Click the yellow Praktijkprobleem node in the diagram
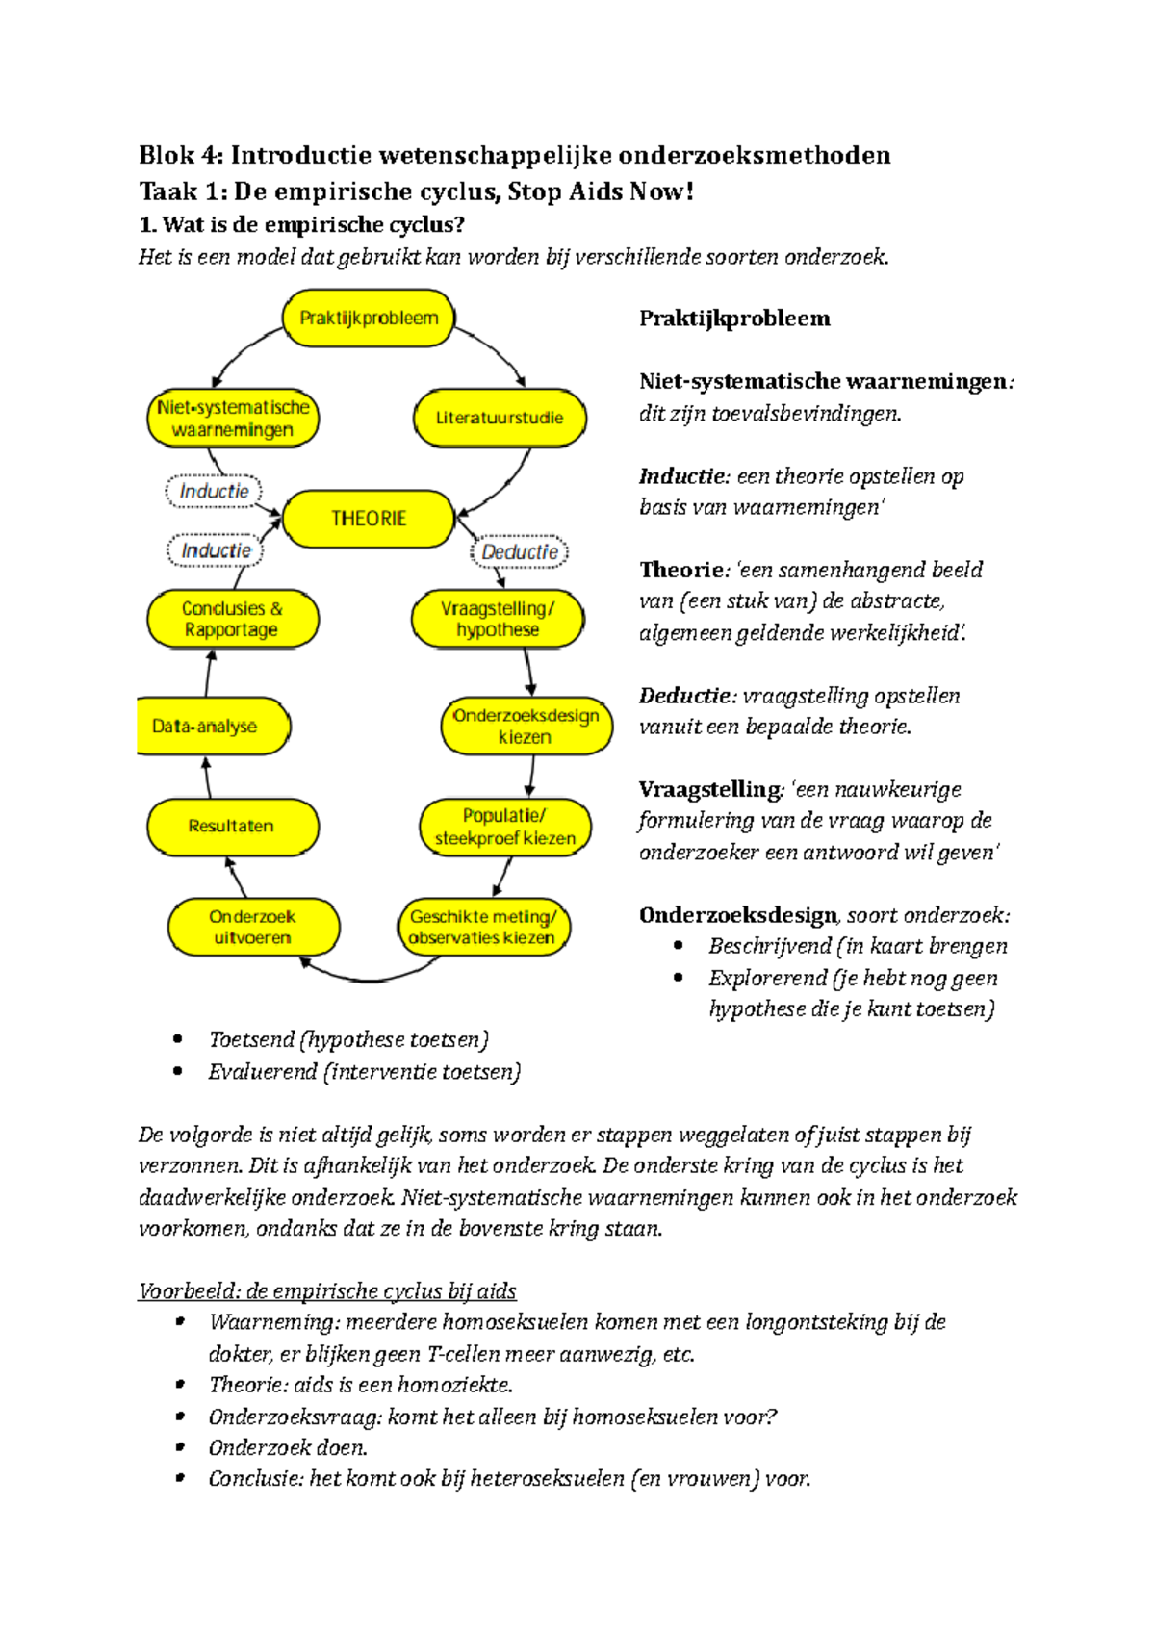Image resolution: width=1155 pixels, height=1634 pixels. (x=368, y=319)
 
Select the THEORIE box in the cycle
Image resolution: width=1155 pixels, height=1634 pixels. (x=368, y=519)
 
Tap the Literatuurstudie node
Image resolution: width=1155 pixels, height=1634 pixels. (x=499, y=418)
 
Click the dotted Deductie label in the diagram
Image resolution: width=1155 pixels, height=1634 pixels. (x=520, y=552)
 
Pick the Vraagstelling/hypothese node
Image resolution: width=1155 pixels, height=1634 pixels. (x=497, y=620)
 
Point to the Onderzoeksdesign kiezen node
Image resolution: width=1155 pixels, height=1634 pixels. (x=526, y=727)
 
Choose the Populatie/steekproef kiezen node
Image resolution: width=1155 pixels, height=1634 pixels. (x=504, y=827)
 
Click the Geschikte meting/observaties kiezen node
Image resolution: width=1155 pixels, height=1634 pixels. (x=482, y=927)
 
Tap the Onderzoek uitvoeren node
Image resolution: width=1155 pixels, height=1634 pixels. (x=253, y=927)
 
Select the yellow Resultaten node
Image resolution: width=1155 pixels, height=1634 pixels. (x=231, y=827)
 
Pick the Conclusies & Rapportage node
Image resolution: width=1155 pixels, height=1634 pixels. (x=231, y=620)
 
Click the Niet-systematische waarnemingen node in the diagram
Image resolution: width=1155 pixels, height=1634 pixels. (x=232, y=419)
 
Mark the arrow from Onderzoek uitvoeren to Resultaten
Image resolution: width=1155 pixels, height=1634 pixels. (x=235, y=877)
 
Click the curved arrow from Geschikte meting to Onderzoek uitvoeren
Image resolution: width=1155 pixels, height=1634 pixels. (x=370, y=979)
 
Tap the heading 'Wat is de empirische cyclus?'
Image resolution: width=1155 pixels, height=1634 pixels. (x=301, y=225)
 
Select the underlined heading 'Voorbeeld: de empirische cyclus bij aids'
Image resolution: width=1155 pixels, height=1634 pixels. (x=327, y=1291)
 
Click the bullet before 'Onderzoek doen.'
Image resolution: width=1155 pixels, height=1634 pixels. (x=179, y=1447)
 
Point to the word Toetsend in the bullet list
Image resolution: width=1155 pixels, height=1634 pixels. (x=251, y=1040)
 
